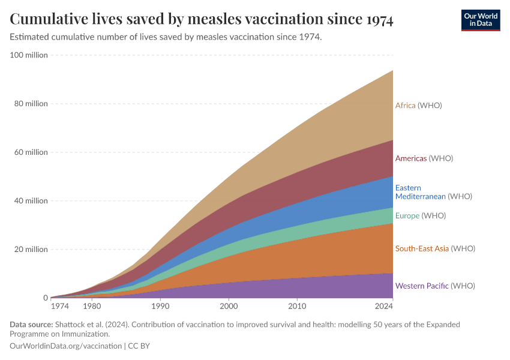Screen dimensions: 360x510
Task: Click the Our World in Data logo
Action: [480, 20]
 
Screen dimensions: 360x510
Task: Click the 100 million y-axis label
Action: [29, 55]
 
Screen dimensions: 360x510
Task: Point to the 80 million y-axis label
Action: [31, 104]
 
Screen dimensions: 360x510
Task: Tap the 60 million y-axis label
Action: [31, 152]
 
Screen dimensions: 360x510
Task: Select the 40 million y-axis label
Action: [31, 201]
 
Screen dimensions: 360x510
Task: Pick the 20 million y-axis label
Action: [31, 250]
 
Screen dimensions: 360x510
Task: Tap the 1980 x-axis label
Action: [92, 307]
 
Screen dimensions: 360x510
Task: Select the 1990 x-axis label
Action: [160, 307]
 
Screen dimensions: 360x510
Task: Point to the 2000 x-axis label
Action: [229, 307]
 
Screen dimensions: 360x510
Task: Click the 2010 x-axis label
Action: [297, 307]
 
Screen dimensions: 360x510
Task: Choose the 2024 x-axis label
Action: [384, 307]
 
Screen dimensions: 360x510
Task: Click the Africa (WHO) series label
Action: [418, 106]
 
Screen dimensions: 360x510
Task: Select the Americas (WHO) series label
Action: [424, 158]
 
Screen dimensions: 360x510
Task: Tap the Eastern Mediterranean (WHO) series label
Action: [433, 192]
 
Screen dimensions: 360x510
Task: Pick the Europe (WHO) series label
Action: [420, 215]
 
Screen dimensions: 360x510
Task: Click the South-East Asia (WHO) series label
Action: [434, 248]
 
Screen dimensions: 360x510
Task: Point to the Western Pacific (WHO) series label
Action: [434, 286]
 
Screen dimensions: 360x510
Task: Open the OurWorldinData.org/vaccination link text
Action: [66, 346]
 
